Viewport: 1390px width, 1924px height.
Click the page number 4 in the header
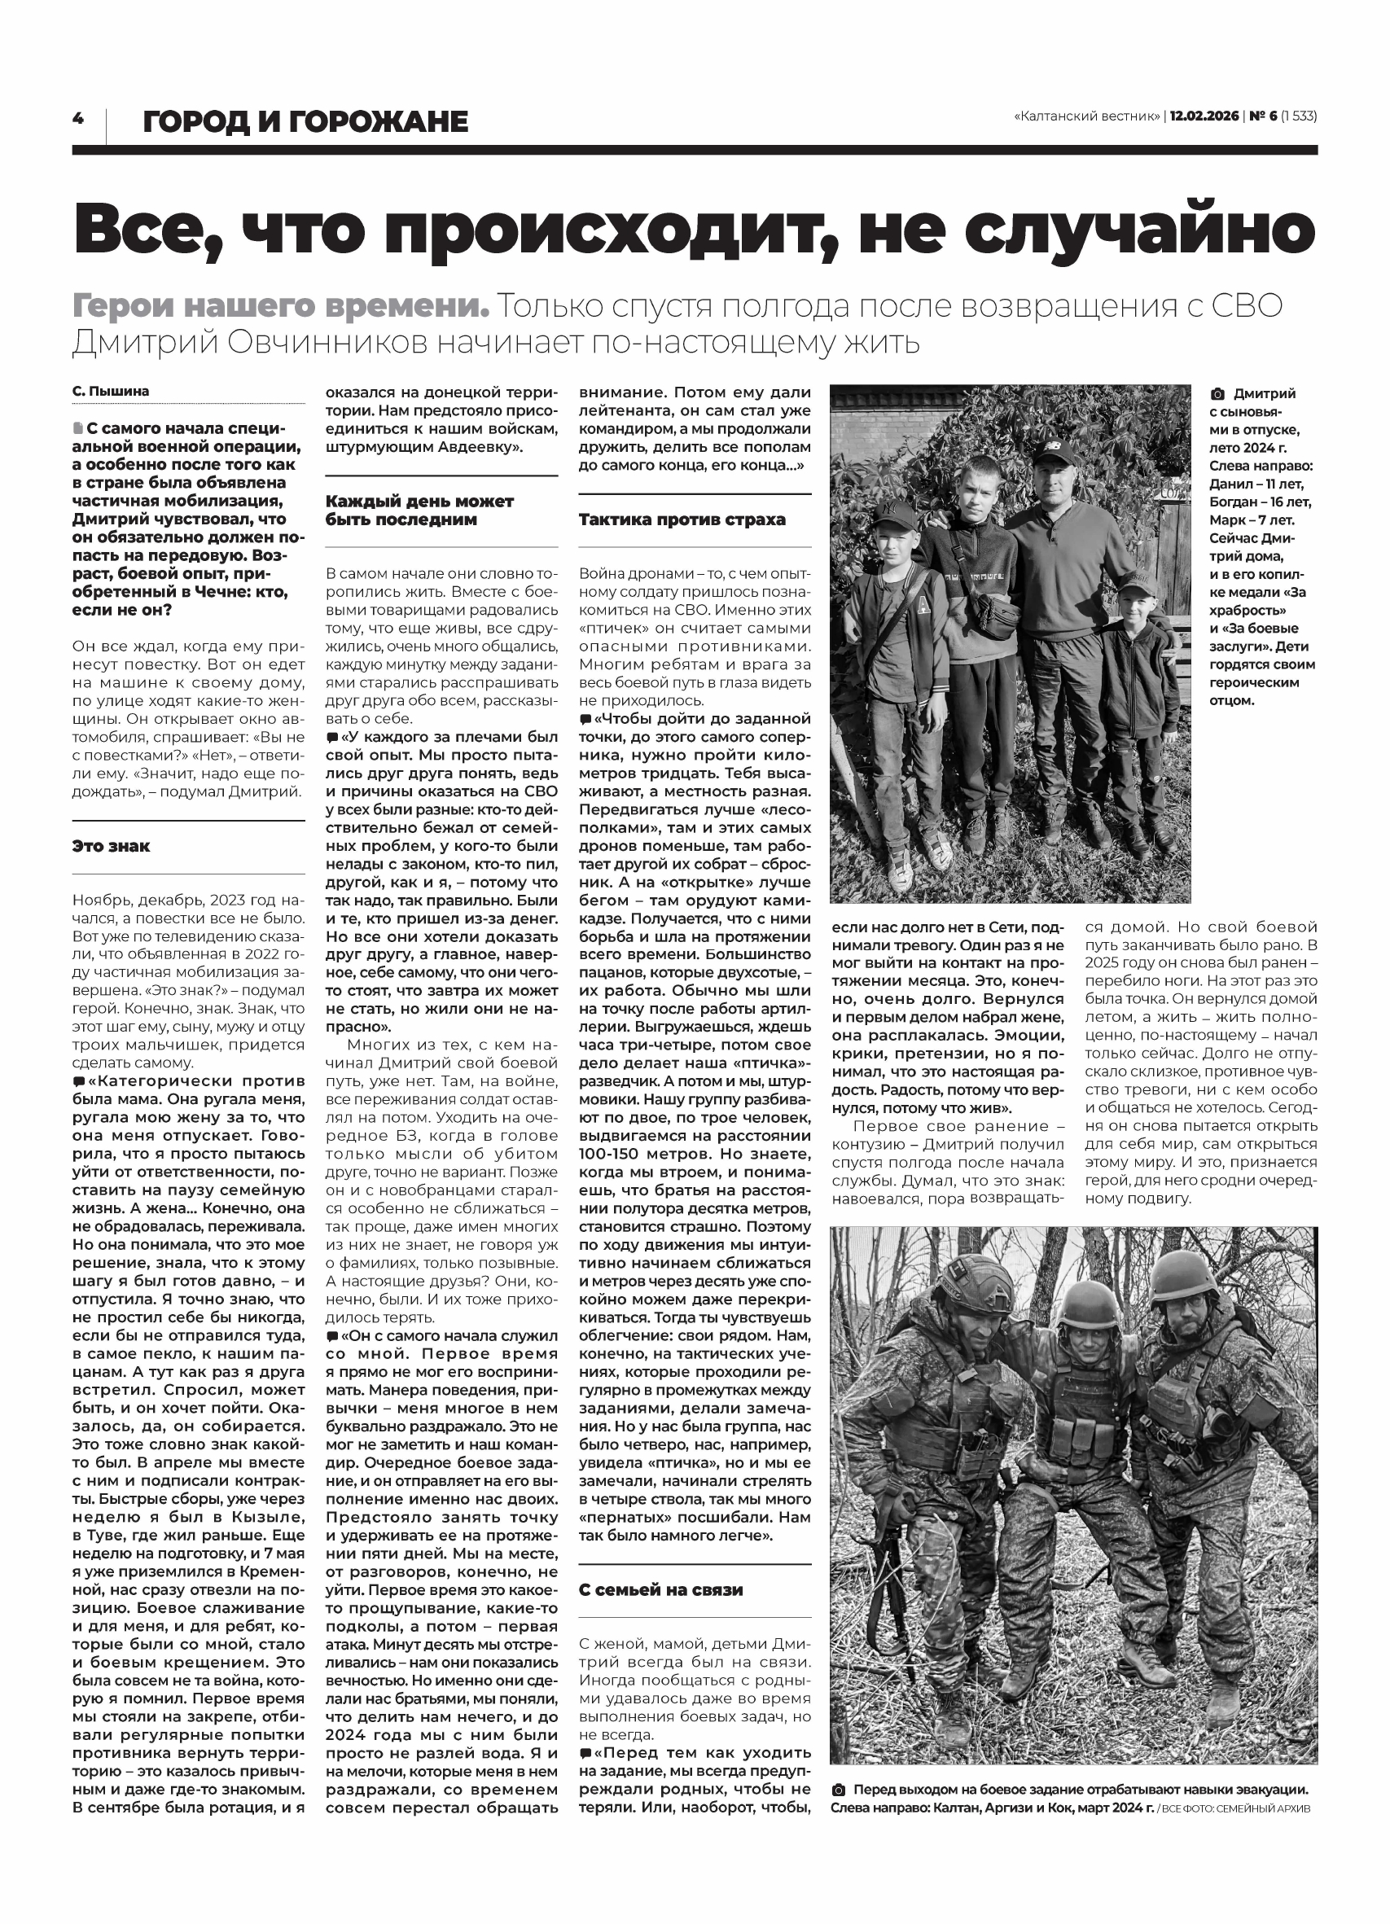[x=78, y=119]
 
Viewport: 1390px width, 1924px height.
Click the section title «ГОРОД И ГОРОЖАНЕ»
[x=305, y=122]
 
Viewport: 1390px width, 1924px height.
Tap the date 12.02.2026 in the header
[x=1204, y=116]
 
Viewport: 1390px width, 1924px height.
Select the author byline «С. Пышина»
[x=110, y=391]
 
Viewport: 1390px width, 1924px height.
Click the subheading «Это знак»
[x=112, y=846]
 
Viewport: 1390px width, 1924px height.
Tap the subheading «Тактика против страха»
[x=682, y=519]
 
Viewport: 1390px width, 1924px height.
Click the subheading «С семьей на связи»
[x=660, y=1589]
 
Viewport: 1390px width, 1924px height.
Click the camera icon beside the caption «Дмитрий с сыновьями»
[x=1217, y=394]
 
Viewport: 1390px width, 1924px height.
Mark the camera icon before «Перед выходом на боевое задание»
[x=839, y=1790]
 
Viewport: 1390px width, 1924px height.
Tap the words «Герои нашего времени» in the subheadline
[x=281, y=306]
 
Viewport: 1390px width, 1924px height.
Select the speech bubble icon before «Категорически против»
[x=79, y=1081]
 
